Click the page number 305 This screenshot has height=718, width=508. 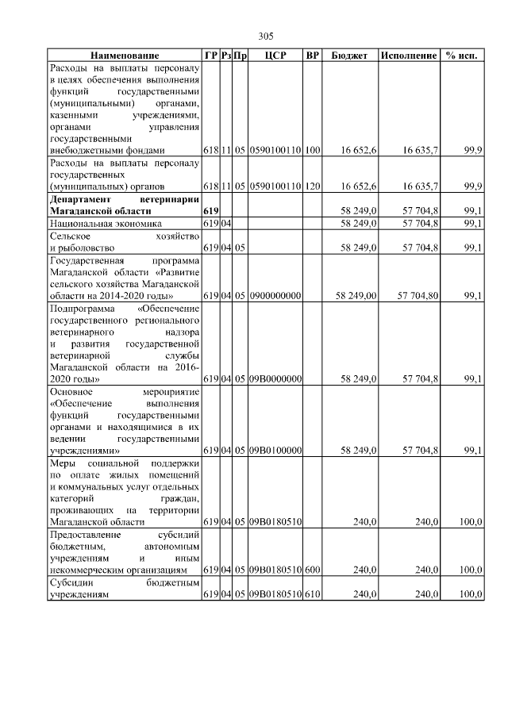point(266,36)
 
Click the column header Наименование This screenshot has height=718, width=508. point(125,56)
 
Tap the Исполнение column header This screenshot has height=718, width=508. point(408,56)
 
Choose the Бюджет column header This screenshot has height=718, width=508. point(348,56)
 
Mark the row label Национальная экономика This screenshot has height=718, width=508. point(95,224)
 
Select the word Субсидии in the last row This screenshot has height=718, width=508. point(70,582)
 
